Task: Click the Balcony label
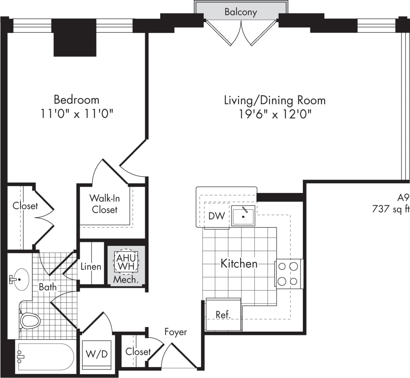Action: click(x=241, y=12)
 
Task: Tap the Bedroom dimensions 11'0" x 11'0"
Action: click(x=77, y=114)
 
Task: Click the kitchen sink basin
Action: click(x=243, y=216)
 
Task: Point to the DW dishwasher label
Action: click(x=216, y=216)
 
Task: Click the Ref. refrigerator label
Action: click(x=223, y=314)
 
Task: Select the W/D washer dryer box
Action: click(x=97, y=354)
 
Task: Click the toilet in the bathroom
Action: click(x=30, y=320)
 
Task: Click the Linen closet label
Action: click(x=91, y=267)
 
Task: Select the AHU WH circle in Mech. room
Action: click(x=126, y=262)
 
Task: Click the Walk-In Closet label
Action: click(x=104, y=204)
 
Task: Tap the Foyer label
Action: click(x=175, y=332)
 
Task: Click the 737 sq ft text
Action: click(x=391, y=209)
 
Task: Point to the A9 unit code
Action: click(x=403, y=197)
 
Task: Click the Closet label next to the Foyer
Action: click(x=138, y=351)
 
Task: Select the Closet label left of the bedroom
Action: click(x=25, y=206)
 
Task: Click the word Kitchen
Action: click(x=239, y=263)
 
